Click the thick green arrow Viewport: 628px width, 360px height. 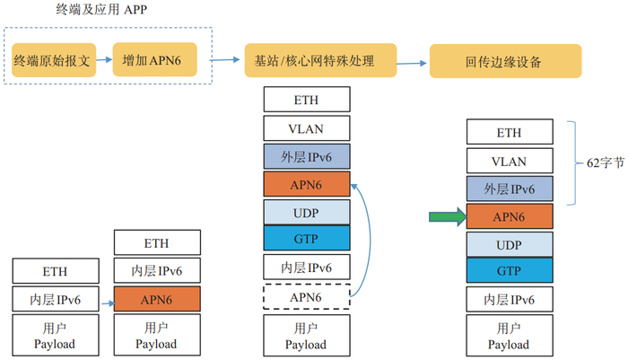pyautogui.click(x=446, y=215)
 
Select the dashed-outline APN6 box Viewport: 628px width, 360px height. pyautogui.click(x=306, y=294)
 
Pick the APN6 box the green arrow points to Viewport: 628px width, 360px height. pyautogui.click(x=509, y=215)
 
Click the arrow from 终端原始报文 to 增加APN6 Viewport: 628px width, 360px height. pyautogui.click(x=103, y=60)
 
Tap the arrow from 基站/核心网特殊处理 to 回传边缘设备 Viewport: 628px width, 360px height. pyautogui.click(x=413, y=63)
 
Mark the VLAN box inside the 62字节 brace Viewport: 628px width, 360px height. pyautogui.click(x=509, y=161)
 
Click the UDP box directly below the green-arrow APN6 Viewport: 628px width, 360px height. pyautogui.click(x=509, y=243)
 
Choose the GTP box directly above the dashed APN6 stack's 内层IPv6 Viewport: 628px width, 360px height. pyautogui.click(x=306, y=238)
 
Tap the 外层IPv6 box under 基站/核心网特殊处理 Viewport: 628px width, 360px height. pyautogui.click(x=306, y=156)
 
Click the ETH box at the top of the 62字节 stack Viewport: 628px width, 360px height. pyautogui.click(x=509, y=132)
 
